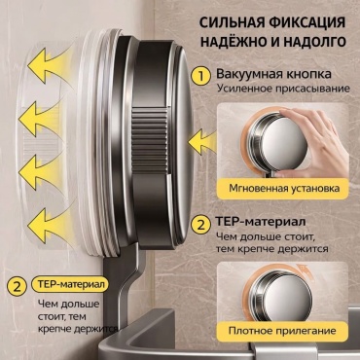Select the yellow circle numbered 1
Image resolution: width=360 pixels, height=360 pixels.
tap(201, 77)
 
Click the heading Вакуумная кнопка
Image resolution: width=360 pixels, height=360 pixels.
tap(274, 74)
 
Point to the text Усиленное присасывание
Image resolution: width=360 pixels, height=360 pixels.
tap(283, 89)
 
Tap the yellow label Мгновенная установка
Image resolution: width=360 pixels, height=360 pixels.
tap(284, 188)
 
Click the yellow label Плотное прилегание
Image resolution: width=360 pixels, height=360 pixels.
tap(282, 331)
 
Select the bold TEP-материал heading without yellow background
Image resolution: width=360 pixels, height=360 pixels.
tap(261, 223)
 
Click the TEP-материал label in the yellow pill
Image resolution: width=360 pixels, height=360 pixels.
tap(71, 284)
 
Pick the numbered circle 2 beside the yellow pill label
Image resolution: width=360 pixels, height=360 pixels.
tap(17, 286)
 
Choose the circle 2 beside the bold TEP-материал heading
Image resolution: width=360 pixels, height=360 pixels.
tap(201, 225)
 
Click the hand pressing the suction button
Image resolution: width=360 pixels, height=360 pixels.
tap(310, 143)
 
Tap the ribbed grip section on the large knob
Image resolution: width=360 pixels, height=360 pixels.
tap(150, 140)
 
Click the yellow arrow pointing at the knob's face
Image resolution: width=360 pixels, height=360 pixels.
tap(203, 141)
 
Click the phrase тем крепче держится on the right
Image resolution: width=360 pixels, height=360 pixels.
tap(272, 249)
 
